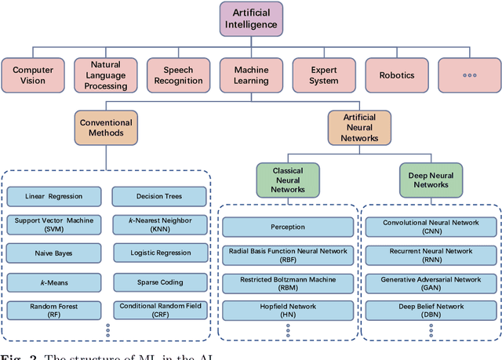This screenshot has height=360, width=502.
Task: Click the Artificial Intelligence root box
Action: pyautogui.click(x=251, y=19)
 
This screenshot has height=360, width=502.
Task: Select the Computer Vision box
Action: pyautogui.click(x=33, y=75)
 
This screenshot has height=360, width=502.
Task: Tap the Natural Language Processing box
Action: pyautogui.click(x=105, y=75)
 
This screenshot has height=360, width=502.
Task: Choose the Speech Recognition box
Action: pyautogui.click(x=178, y=75)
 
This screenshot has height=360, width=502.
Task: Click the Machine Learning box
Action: pyautogui.click(x=251, y=75)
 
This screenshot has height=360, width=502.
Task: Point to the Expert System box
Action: pyautogui.click(x=323, y=75)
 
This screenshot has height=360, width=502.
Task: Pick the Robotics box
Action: pyautogui.click(x=397, y=75)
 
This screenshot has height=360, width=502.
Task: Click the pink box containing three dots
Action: pyautogui.click(x=469, y=75)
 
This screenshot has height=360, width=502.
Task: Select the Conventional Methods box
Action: pyautogui.click(x=106, y=128)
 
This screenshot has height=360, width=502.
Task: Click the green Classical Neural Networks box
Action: pyautogui.click(x=288, y=180)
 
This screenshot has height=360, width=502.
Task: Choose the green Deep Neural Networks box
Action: pyautogui.click(x=432, y=180)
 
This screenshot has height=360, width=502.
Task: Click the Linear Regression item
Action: pyautogui.click(x=55, y=196)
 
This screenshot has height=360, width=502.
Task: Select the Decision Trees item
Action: pyautogui.click(x=159, y=196)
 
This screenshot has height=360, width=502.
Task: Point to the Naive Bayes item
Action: pyautogui.click(x=55, y=253)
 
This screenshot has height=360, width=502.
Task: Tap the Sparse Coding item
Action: pyautogui.click(x=159, y=281)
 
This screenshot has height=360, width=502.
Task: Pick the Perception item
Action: pyautogui.click(x=288, y=227)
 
